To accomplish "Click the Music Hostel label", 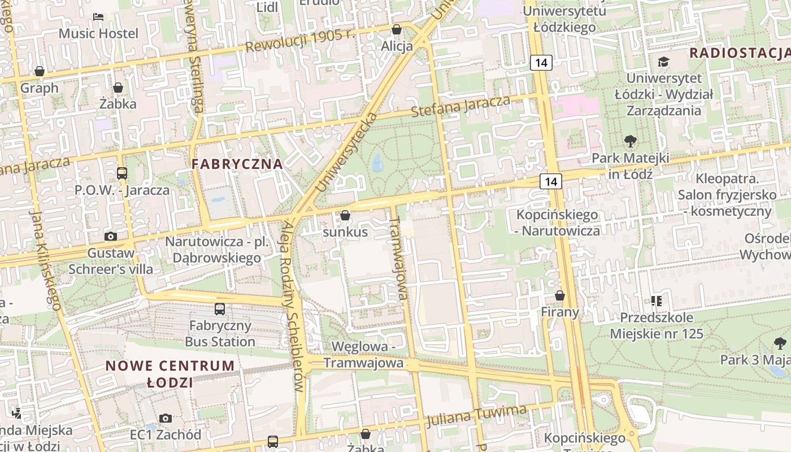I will pos(98,33).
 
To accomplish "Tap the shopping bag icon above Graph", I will pos(40,71).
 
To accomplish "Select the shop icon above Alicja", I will pos(397,29).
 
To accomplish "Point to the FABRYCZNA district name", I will pos(237,164).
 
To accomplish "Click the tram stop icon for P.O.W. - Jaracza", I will pos(122,173).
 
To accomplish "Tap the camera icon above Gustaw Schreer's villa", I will pos(111,236).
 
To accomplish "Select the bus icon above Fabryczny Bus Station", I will pos(220,309).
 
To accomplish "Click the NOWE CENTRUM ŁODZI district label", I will pos(170,373).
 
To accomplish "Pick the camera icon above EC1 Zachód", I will pos(166,418).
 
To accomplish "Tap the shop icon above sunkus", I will pos(345,215).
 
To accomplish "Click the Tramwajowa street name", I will pos(399,258).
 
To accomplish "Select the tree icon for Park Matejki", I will pos(630,141).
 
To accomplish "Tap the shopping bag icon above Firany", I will pos(560,295).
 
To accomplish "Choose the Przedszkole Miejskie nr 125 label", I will pos(657,325).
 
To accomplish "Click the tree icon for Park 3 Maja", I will pos(780,343).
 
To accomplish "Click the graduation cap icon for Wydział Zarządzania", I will pos(663,62).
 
